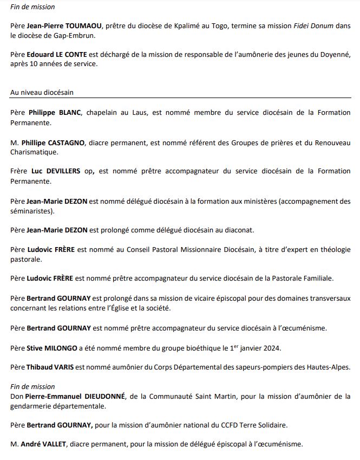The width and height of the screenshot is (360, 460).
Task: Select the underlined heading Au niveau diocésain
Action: point(42,93)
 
